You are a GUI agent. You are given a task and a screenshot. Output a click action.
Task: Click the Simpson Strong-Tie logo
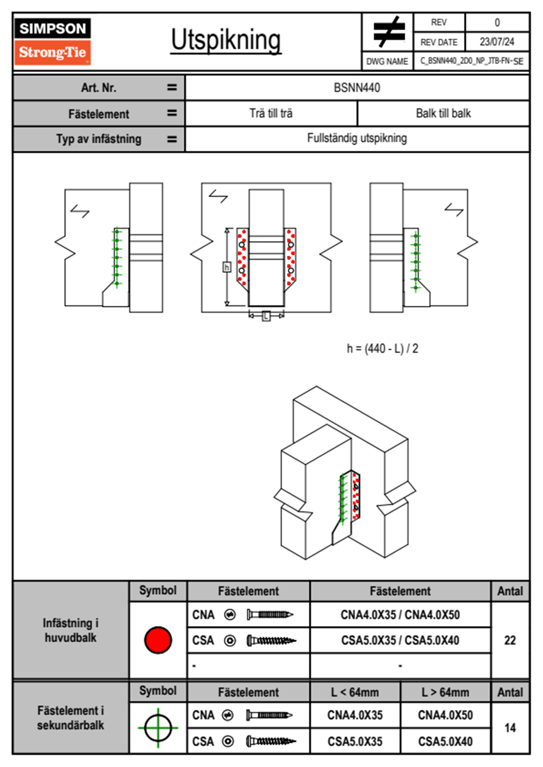(52, 41)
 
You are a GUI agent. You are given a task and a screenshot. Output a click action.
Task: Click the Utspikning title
(226, 40)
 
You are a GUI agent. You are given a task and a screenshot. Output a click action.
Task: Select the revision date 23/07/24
(496, 42)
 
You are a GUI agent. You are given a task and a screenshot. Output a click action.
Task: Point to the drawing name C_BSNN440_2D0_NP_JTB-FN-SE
(471, 61)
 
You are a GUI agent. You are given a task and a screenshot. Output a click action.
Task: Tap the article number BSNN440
(357, 88)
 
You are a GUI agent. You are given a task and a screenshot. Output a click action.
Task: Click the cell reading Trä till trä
(271, 113)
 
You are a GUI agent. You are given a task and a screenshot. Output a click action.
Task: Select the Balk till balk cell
(443, 113)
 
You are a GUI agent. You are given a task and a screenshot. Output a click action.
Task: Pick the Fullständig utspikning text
(357, 138)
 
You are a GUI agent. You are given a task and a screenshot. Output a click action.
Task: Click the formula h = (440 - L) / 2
(382, 349)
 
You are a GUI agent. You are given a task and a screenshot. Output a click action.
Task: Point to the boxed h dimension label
(227, 267)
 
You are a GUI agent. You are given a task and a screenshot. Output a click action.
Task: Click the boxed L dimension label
(266, 316)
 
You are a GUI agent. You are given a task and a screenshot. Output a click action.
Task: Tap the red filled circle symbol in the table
(158, 640)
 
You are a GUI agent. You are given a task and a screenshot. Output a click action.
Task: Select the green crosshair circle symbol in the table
(158, 728)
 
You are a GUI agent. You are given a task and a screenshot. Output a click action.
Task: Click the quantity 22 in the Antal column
(510, 640)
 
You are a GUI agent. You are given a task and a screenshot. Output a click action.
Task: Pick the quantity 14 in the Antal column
(510, 728)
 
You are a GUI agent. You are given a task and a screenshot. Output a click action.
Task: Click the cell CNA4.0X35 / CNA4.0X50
(400, 615)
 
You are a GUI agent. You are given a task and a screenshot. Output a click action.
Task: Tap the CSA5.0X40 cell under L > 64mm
(445, 741)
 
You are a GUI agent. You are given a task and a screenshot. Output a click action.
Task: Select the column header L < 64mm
(355, 692)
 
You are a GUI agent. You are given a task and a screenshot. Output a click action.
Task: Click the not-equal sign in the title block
(388, 32)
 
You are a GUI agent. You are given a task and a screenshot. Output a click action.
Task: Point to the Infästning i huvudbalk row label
(71, 630)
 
